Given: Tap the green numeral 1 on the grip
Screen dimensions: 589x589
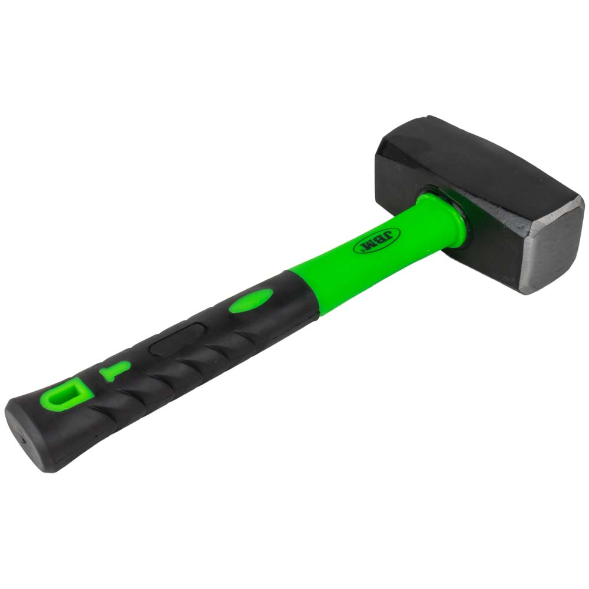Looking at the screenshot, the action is point(114,370).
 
